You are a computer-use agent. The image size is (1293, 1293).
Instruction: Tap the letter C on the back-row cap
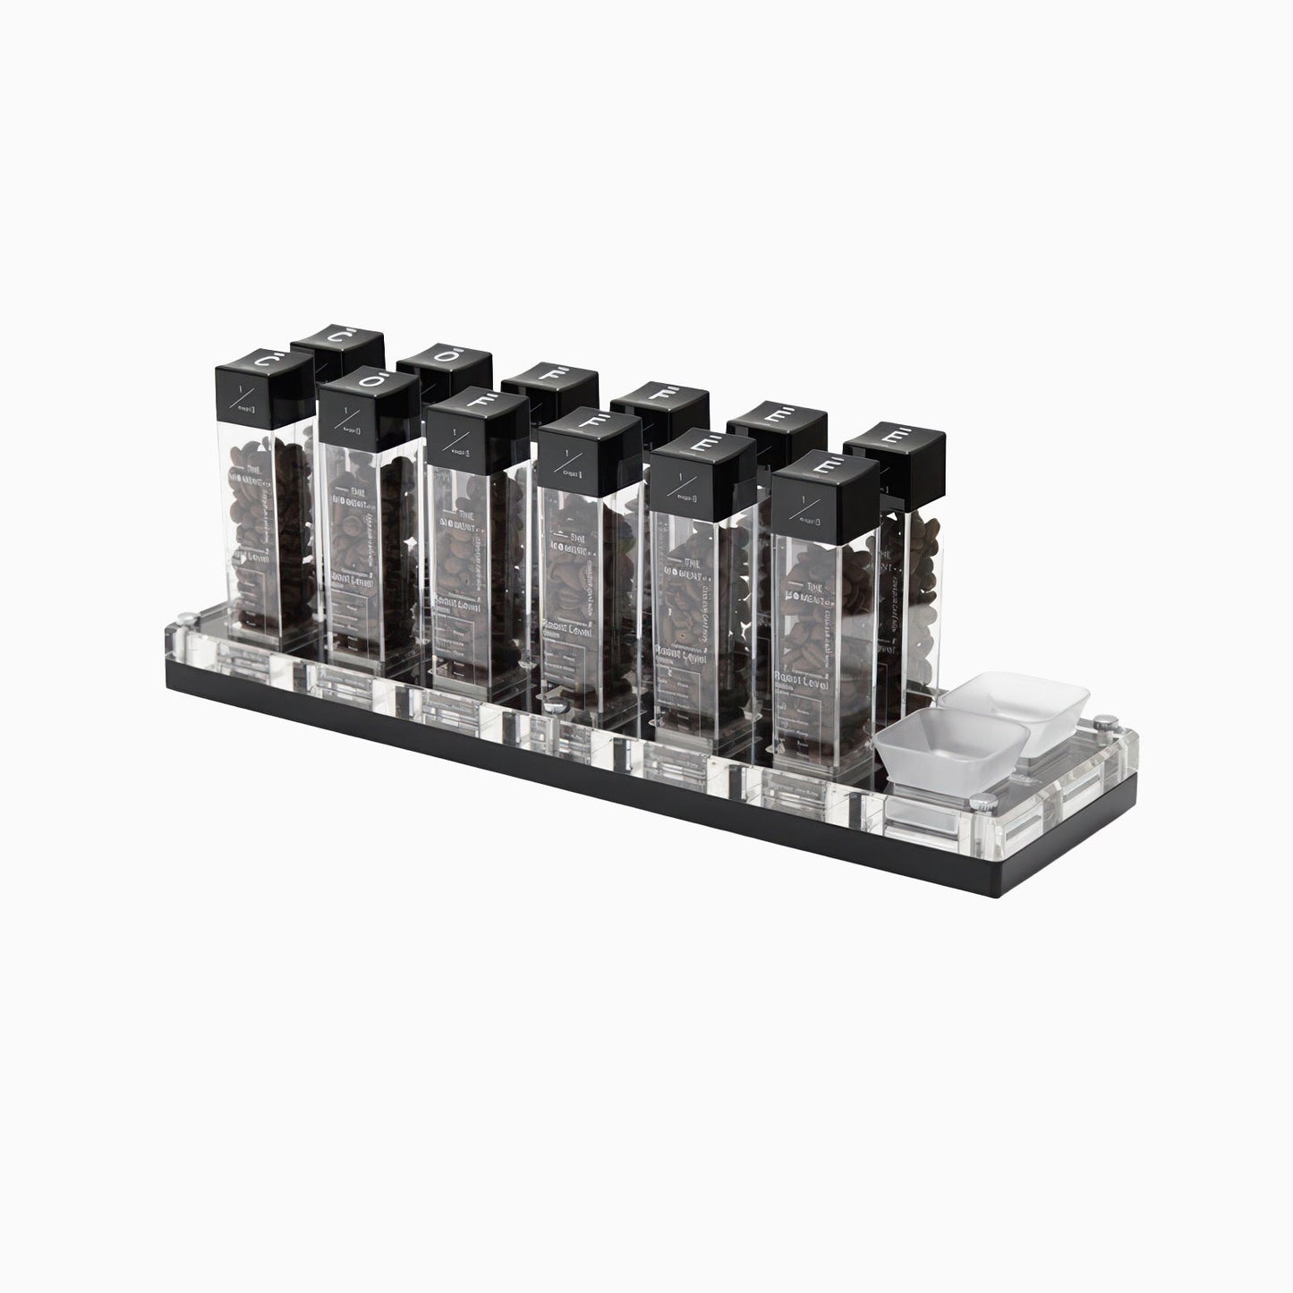tap(337, 338)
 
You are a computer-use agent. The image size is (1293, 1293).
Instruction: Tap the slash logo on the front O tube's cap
tap(345, 419)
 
